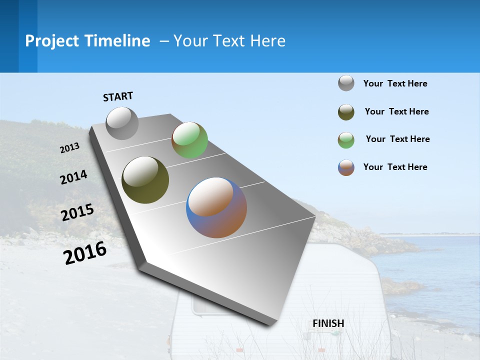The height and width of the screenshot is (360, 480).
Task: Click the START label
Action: point(118,96)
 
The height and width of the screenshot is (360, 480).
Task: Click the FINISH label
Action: point(328,323)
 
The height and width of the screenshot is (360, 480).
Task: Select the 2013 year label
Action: point(69,148)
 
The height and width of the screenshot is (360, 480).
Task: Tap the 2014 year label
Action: point(73,177)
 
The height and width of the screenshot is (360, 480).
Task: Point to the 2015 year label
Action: point(77,212)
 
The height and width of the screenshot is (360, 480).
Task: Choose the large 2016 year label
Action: point(85,253)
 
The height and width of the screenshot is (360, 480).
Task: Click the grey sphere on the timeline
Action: point(122,123)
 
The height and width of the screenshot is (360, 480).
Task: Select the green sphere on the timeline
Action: point(189,140)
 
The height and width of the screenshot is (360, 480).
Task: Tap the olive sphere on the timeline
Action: point(145,180)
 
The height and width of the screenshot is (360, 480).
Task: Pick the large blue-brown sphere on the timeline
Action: point(216,207)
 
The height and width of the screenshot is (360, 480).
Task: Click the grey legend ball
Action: point(346,83)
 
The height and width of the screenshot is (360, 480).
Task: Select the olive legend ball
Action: point(346,112)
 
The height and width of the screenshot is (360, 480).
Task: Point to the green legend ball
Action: point(346,140)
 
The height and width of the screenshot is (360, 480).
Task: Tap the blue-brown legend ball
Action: point(346,167)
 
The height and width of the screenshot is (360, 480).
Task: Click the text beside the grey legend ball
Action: point(395,83)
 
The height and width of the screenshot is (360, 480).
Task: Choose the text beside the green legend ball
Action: point(397,139)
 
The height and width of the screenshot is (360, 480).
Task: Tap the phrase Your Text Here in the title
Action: point(229,41)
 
